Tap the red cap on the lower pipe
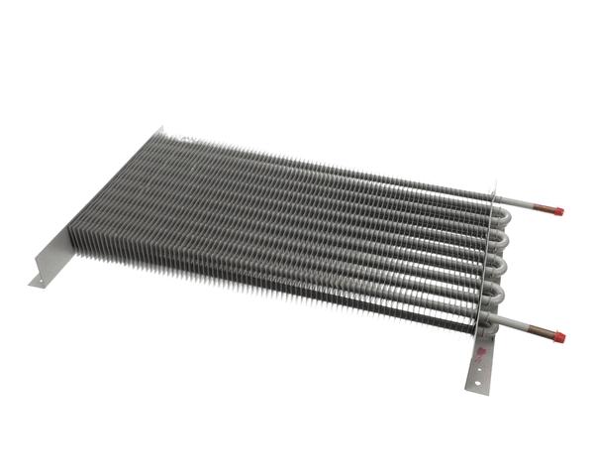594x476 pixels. pos(559,338)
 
